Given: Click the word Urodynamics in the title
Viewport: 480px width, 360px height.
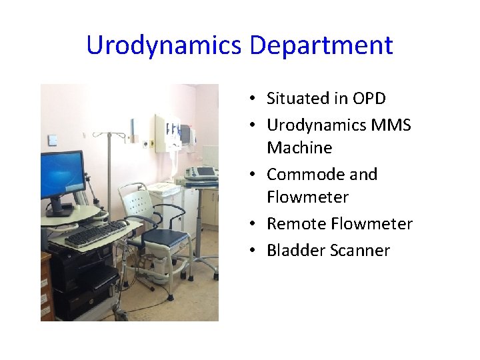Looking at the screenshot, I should point(165,46).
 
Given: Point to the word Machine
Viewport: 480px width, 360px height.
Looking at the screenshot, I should point(299,147).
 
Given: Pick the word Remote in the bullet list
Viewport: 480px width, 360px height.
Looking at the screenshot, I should point(297,223).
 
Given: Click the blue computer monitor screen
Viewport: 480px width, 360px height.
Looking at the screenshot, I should point(62,175).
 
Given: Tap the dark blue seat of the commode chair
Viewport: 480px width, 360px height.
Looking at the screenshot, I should point(166,237).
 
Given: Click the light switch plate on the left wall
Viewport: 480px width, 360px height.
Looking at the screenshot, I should point(53,140).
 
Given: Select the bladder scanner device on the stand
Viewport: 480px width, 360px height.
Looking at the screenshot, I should point(199,173).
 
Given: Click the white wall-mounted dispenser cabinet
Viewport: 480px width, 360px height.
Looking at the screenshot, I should point(167,134).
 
